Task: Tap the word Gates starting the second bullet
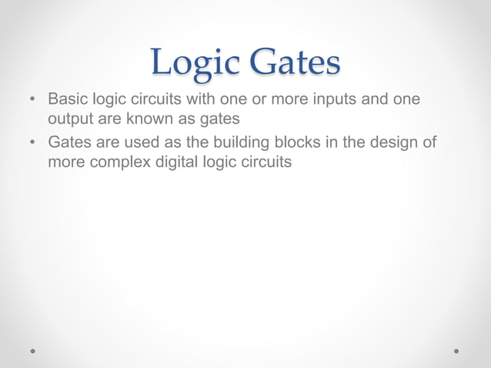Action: point(69,142)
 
